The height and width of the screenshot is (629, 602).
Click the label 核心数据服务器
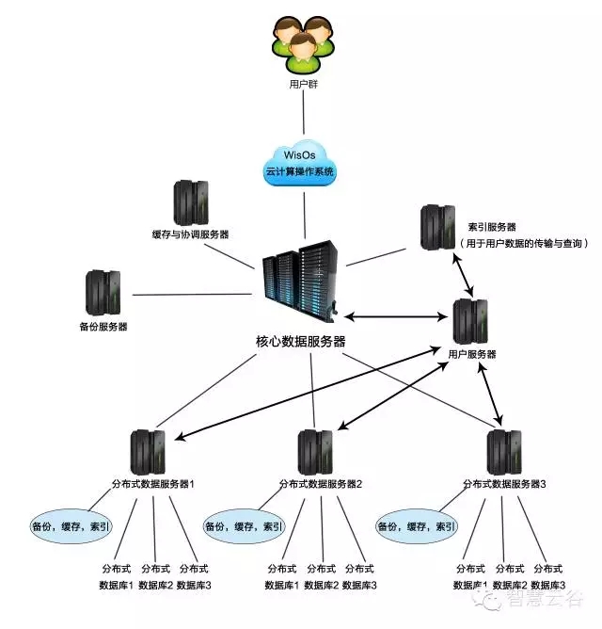coord(301,341)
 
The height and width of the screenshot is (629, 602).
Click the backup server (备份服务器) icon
coord(103,292)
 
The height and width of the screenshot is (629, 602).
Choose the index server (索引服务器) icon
coord(437,227)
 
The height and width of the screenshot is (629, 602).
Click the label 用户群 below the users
coord(302,84)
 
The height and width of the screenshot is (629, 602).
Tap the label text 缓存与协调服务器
coord(190,234)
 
